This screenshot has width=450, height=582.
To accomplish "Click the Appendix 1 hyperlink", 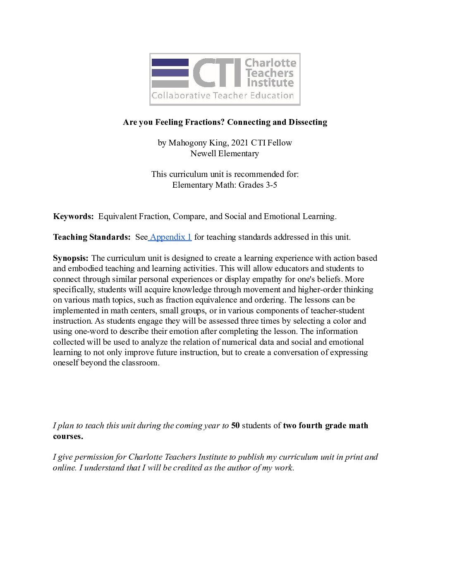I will pos(170,237).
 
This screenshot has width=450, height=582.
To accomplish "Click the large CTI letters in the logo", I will pos(217,73).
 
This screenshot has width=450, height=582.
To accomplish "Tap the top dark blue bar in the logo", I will pos(170,62).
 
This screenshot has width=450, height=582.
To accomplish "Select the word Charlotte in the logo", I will pos(270,63).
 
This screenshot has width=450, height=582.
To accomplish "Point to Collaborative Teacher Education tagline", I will pos(223,95).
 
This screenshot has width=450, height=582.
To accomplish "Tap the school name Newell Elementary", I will pos(225,153).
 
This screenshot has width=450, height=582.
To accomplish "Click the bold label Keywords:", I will pos(73,216).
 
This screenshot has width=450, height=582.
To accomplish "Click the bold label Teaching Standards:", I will pos(92,237).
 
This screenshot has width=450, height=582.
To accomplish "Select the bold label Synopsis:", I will pos(71,258).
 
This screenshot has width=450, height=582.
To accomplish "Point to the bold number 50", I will pos(235,425).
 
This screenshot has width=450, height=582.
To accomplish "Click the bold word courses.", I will pos(68,436).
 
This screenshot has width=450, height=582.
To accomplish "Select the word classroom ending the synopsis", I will pos(140,363).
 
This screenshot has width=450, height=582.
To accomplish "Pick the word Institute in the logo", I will pos(270,83).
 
